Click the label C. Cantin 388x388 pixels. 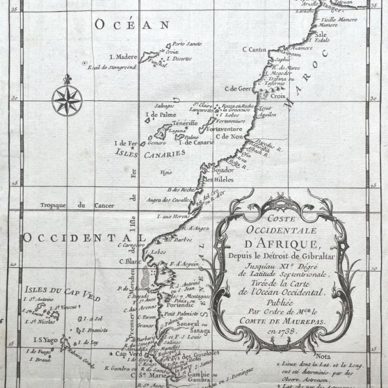point(255,49)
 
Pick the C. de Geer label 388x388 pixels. point(237,89)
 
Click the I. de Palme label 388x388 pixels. point(160,115)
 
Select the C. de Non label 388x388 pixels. point(229,136)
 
